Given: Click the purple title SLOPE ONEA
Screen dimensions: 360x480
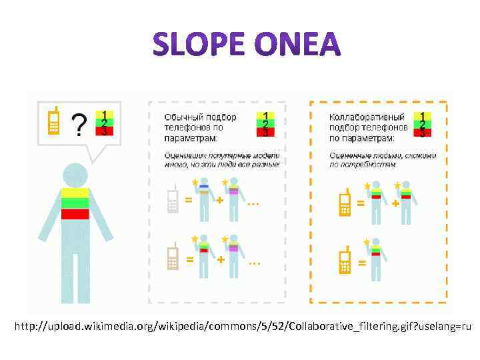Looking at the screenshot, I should pos(246,45).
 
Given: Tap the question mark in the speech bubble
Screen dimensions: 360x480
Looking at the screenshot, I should pos(79,124).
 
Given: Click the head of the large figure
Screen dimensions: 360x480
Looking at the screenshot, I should pos(75,175).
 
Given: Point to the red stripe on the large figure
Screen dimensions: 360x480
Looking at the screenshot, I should pos(75,214).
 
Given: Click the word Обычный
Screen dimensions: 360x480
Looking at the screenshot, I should pos(181,117).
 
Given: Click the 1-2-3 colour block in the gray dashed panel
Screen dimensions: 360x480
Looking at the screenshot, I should pos(265,124).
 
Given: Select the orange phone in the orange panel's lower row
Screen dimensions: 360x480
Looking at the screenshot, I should pos(345,261).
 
